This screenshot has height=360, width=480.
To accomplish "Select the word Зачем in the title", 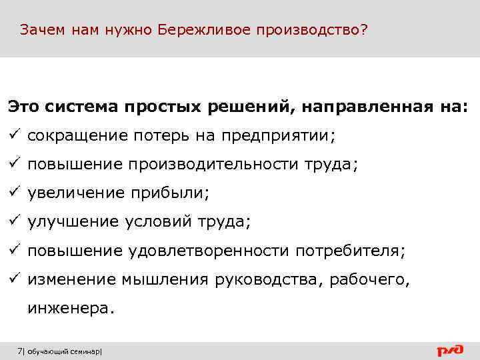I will (x=42, y=31).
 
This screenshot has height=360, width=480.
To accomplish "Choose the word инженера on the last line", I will (x=69, y=309).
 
